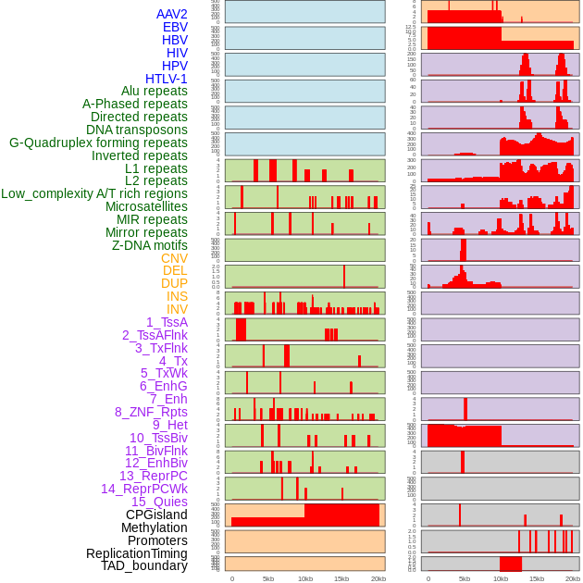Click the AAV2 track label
click(x=171, y=14)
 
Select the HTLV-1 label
click(x=166, y=79)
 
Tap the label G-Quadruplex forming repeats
click(x=98, y=143)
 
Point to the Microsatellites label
click(x=146, y=206)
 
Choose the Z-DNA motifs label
click(x=149, y=245)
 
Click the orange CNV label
click(x=174, y=258)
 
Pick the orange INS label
click(x=177, y=296)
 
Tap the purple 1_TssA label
click(x=167, y=322)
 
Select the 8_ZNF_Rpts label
click(x=151, y=412)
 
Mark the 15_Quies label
click(x=159, y=502)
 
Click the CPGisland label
click(x=156, y=515)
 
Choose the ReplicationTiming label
click(x=136, y=553)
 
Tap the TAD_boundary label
click(x=144, y=565)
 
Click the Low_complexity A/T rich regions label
click(x=94, y=193)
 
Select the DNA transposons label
click(x=137, y=130)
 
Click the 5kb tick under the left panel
click(x=268, y=578)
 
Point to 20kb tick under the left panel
click(x=378, y=578)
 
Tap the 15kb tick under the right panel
click(x=537, y=578)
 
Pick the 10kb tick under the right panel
click(x=501, y=578)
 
